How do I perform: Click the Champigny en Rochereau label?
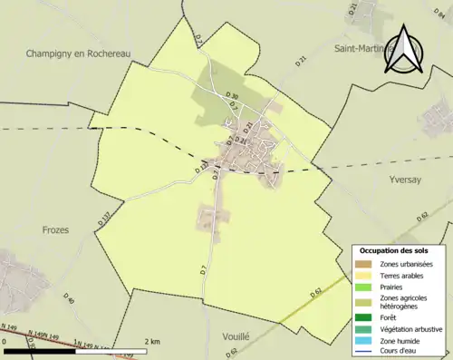point(78,54)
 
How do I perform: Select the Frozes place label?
point(55,230)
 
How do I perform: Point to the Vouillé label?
point(234,336)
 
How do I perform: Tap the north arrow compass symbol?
point(403,50)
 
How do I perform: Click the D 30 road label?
point(232,96)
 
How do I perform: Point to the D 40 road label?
point(70,300)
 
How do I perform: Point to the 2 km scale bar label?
point(152,341)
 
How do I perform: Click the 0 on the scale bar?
point(5,341)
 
